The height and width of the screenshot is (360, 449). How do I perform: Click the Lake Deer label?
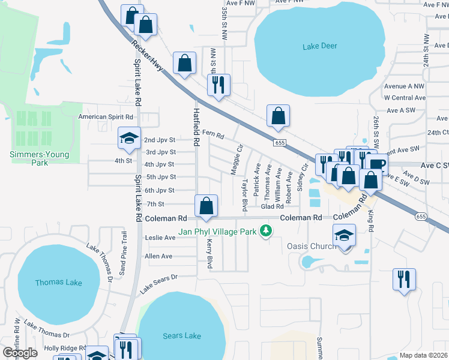pyautogui.click(x=320, y=46)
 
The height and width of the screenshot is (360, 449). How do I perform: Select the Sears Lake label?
pyautogui.click(x=182, y=335)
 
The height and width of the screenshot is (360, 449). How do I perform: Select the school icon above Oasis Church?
pyautogui.click(x=344, y=236)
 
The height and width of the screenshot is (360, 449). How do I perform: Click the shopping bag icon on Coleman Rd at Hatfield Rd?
pyautogui.click(x=206, y=206)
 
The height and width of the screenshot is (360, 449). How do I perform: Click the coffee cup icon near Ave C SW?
pyautogui.click(x=376, y=164)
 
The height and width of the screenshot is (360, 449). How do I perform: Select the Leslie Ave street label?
pyautogui.click(x=160, y=238)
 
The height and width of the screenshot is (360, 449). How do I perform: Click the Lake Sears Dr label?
pyautogui.click(x=159, y=284)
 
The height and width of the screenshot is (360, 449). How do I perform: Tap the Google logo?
pyautogui.click(x=20, y=353)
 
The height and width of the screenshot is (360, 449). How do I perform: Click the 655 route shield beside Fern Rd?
pyautogui.click(x=280, y=142)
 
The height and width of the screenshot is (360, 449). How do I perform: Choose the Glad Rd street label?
pyautogui.click(x=272, y=206)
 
